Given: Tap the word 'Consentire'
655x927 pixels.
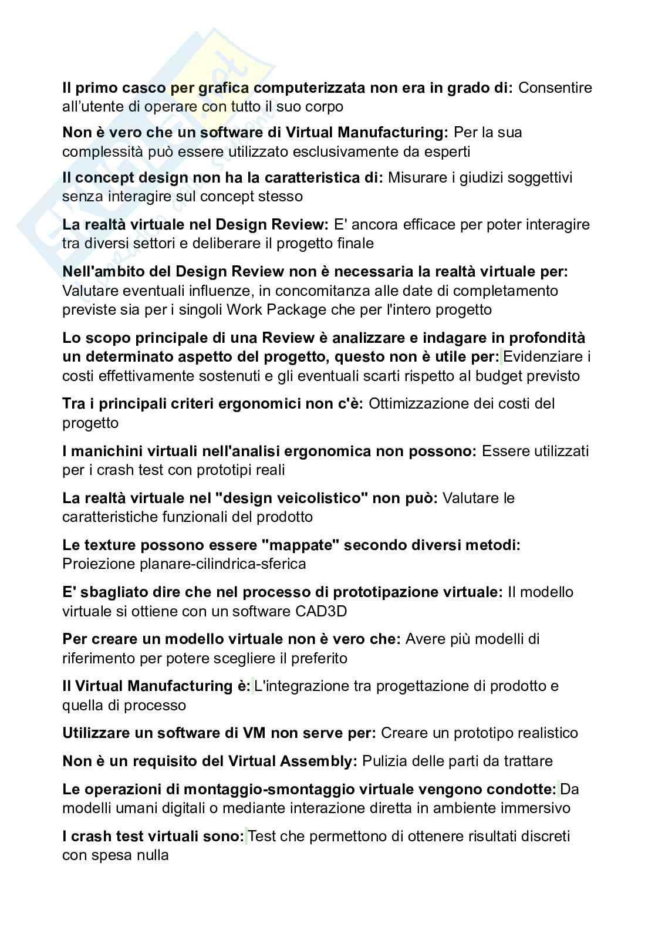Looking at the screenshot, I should pos(555,88).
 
